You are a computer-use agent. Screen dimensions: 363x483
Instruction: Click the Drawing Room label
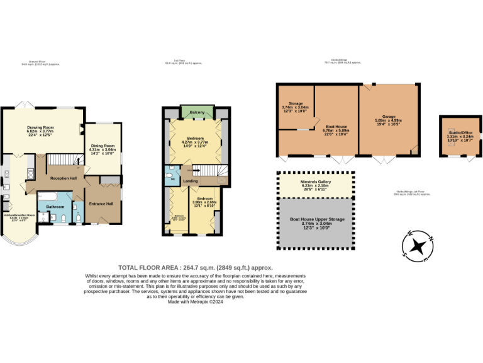pos(40,127)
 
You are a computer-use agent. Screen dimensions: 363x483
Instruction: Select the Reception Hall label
pos(64,178)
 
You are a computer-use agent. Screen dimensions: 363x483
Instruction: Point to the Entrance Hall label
pos(101,204)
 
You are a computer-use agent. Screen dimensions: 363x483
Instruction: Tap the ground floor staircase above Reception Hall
pos(63,160)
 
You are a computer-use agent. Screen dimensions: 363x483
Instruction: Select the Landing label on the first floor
pos(191,181)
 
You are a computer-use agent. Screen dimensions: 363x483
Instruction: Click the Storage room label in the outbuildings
pos(296,103)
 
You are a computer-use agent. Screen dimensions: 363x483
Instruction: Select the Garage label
pos(389,117)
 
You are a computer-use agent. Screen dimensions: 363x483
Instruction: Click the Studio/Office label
pos(457,132)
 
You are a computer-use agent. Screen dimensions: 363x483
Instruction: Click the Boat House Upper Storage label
pos(316,219)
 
